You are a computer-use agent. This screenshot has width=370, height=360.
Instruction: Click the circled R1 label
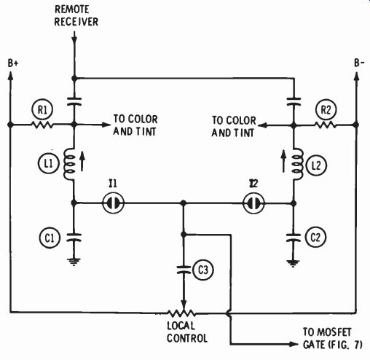pos(42,109)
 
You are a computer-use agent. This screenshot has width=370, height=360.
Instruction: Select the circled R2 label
pos(326,110)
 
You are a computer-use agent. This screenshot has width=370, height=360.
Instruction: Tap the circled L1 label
pos(49,163)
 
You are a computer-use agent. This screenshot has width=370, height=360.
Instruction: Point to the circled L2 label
pos(316,165)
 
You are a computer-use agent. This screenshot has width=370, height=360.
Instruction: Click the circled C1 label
pos(50,238)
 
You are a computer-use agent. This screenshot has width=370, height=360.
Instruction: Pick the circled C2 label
pos(315,237)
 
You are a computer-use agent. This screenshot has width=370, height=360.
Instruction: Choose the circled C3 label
pos(203,270)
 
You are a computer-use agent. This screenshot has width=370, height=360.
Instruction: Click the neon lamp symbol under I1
pos(113,203)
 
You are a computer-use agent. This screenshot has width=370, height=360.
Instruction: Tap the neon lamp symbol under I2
pos(254,203)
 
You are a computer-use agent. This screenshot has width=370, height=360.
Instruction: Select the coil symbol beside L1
pos(70,164)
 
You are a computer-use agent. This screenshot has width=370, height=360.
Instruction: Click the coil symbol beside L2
pos(297,164)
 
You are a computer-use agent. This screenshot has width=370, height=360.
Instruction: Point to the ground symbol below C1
pos(74,262)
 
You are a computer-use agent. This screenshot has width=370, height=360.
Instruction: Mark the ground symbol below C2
pos(294,263)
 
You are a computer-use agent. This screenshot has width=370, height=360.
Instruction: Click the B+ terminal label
pos(13,63)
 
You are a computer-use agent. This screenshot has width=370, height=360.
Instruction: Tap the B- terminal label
pos(359,63)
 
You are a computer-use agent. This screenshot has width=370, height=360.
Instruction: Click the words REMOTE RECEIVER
pos(76,15)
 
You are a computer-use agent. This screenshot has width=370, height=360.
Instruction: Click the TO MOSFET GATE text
pos(333,338)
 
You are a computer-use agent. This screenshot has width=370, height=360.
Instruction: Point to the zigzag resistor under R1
pos(42,125)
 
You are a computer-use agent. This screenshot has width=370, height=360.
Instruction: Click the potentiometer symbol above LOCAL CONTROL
pos(181,313)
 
